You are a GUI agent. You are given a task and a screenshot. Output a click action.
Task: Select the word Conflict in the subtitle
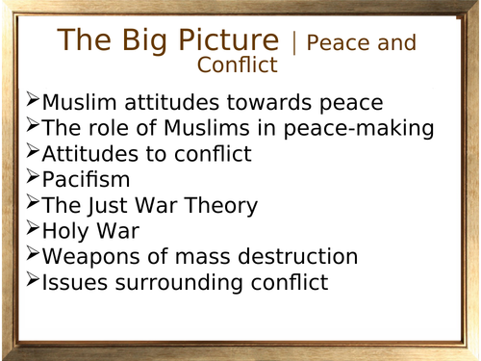238,65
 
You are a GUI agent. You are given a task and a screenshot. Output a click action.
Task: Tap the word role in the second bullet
106,128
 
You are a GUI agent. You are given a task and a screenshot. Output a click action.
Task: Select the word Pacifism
87,180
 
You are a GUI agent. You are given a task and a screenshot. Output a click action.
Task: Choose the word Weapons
91,258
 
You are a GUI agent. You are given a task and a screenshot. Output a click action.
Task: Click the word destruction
294,258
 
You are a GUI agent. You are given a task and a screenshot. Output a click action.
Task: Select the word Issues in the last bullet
74,284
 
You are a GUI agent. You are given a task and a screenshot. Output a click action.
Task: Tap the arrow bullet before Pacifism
34,176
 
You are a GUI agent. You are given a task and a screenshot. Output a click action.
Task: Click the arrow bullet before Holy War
34,228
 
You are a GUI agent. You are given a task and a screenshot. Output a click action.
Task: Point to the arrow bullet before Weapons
34,254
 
